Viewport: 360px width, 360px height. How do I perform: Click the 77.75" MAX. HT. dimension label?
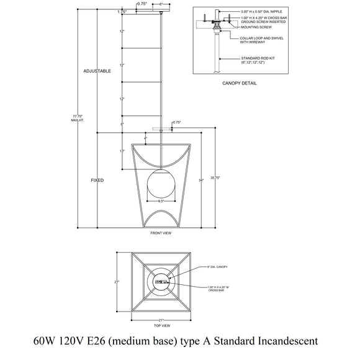(x=78, y=117)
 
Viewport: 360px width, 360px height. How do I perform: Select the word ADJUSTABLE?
(x=97, y=71)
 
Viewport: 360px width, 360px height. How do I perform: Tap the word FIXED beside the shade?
(x=97, y=180)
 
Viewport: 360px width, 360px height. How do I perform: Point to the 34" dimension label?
(x=200, y=180)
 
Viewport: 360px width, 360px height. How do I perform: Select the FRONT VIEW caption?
(x=160, y=233)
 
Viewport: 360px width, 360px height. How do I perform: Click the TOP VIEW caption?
(x=160, y=325)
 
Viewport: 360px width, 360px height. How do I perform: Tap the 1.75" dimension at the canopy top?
(x=122, y=11)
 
